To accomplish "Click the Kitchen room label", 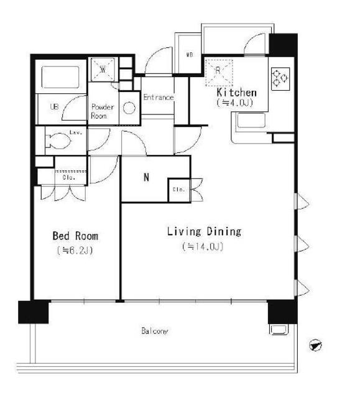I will tap(236, 93).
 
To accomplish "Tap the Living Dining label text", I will tap(203, 232).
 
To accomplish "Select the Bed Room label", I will tap(75, 236).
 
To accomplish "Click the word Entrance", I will tap(158, 98).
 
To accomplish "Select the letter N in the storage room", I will tap(147, 177).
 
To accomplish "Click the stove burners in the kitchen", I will tap(279, 78).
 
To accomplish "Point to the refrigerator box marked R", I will tap(219, 70).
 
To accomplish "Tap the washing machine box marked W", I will tap(101, 68).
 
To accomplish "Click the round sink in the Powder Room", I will tap(129, 108).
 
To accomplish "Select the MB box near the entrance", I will tap(190, 55).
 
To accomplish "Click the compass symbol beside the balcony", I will tap(316, 344).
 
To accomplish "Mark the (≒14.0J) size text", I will tap(203, 247).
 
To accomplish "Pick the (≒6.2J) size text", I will tap(75, 251).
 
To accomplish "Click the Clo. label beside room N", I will tap(177, 189).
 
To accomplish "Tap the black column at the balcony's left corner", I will tap(33, 312).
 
